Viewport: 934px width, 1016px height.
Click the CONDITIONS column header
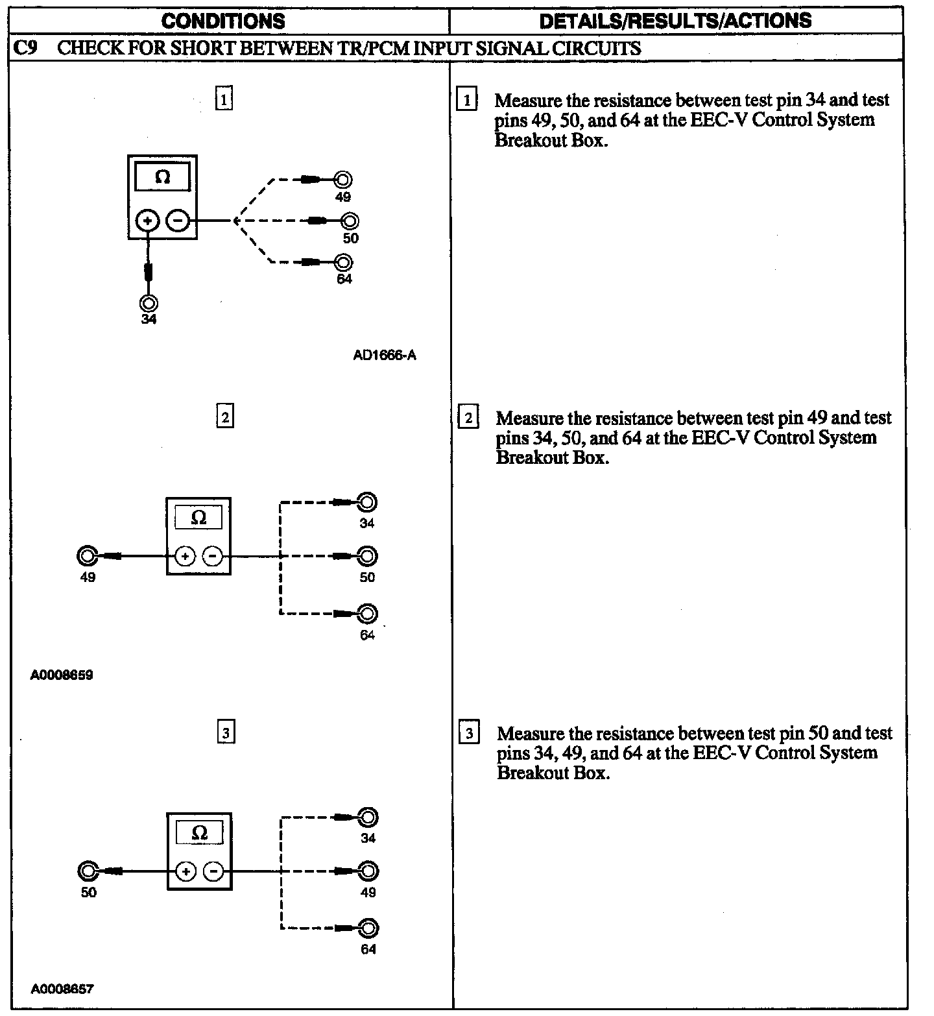222,21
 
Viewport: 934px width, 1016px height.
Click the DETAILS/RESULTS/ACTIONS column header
675,21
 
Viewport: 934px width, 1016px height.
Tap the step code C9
25,48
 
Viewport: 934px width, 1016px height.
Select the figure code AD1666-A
385,355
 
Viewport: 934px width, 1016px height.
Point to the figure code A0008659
62,675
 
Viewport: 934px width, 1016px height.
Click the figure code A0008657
62,989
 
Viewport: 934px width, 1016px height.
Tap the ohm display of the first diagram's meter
162,177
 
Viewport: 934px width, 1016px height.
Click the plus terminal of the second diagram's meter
185,556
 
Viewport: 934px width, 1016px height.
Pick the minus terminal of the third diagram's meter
213,871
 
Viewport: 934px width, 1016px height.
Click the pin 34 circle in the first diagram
149,303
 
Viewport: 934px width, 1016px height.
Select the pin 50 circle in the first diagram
350,221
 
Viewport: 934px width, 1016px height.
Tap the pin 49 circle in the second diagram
87,556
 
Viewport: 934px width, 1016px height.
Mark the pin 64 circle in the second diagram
367,614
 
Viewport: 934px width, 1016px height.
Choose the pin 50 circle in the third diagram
88,871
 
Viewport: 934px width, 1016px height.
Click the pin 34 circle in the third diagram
368,817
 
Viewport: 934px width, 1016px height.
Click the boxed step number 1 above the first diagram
223,100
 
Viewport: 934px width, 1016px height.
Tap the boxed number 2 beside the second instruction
468,417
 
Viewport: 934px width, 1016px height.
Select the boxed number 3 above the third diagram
225,733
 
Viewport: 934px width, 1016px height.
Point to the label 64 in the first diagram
344,279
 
